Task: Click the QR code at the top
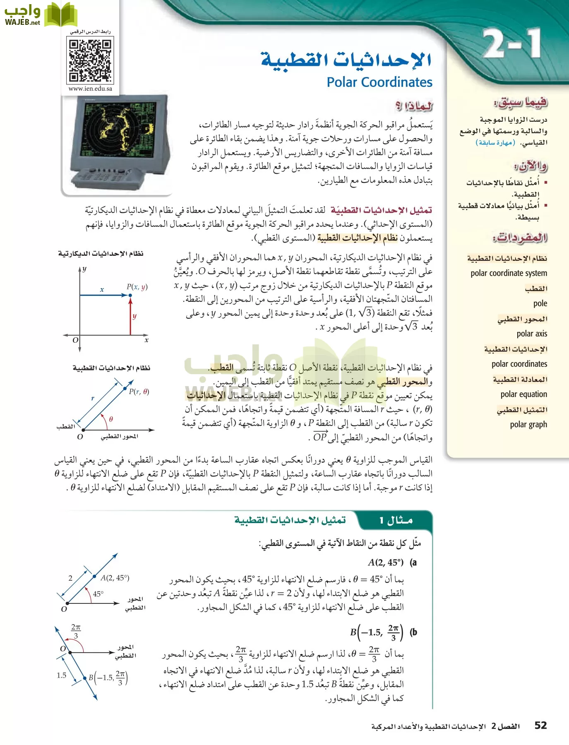pos(90,60)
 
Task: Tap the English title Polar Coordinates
pos(379,82)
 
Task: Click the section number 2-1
pos(511,44)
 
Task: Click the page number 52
pos(540,725)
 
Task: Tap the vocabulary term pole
pos(540,303)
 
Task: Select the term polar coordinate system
pos(509,273)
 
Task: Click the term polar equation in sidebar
pos(523,394)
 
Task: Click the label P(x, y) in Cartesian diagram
pos(137,286)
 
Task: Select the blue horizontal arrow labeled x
pos(103,295)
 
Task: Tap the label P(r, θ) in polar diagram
pos(139,392)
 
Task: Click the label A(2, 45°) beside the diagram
pos(115,578)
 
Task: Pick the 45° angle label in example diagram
pos(98,594)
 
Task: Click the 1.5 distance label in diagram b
pos(62,675)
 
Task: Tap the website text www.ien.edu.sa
pos(90,89)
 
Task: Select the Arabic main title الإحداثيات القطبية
pos(346,60)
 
